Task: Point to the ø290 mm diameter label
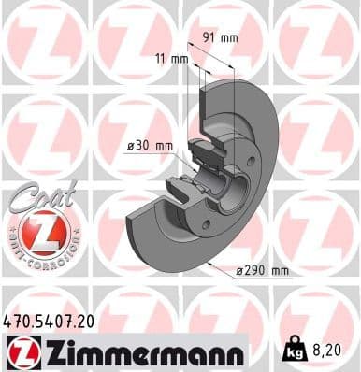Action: coord(263,270)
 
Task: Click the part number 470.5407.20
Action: coord(49,321)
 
